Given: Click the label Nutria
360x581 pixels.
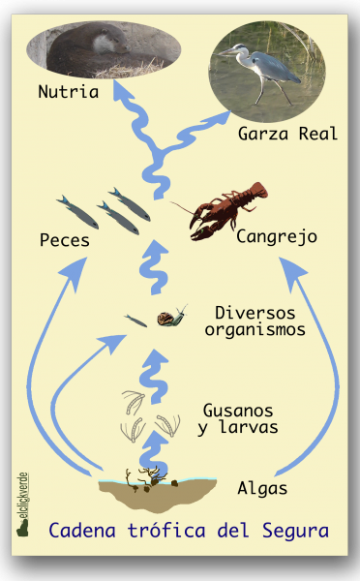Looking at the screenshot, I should click(x=68, y=94).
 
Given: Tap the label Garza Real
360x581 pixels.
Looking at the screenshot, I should click(x=287, y=134).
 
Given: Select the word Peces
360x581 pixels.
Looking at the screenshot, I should click(x=65, y=239).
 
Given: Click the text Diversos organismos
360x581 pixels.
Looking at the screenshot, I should click(x=260, y=321).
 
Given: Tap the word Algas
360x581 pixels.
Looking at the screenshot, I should click(x=262, y=489).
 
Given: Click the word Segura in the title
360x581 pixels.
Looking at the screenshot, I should click(x=295, y=531).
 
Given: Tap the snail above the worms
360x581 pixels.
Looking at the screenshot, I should click(x=174, y=314).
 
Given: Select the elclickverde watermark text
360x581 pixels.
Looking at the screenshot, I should click(x=24, y=504).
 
